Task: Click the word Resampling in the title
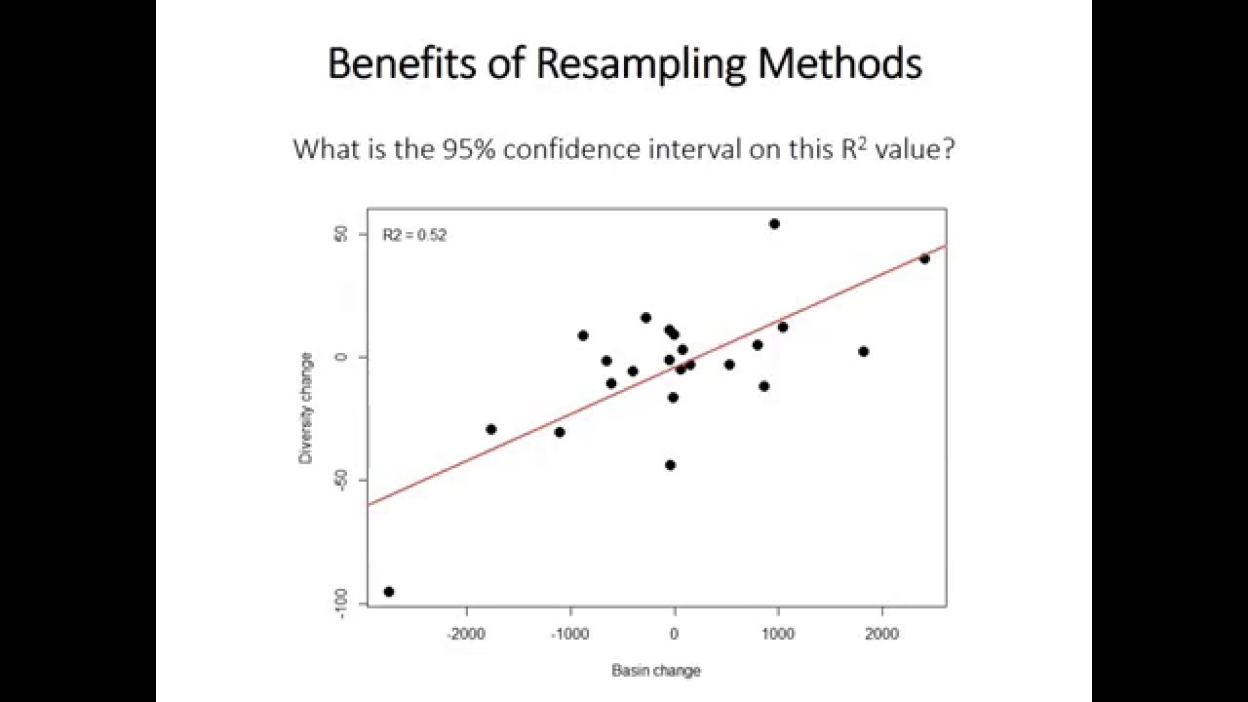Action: [641, 64]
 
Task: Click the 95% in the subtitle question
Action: [469, 149]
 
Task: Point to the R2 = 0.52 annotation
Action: [414, 235]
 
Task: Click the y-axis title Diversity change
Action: [306, 408]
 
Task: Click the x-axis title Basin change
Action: [655, 670]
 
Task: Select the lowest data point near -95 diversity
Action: [389, 591]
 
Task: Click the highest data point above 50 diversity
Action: [774, 223]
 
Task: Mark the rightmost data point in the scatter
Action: [924, 258]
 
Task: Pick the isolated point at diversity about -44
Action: [670, 465]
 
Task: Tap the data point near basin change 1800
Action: [863, 351]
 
